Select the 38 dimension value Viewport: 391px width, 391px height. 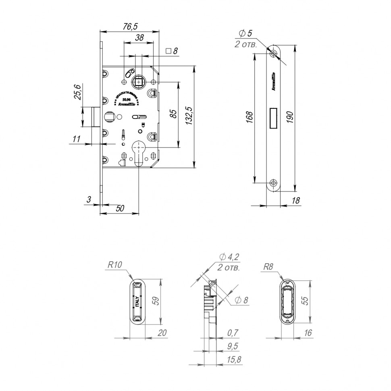click(x=139, y=38)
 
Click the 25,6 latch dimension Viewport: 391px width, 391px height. click(x=78, y=92)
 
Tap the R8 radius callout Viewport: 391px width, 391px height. click(x=268, y=266)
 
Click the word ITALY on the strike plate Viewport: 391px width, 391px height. click(x=137, y=302)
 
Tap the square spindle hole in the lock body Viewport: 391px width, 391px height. click(x=139, y=82)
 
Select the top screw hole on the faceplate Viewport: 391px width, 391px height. click(x=274, y=53)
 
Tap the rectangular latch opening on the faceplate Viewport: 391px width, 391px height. click(x=274, y=117)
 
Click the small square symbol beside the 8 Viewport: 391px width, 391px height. click(x=169, y=51)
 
